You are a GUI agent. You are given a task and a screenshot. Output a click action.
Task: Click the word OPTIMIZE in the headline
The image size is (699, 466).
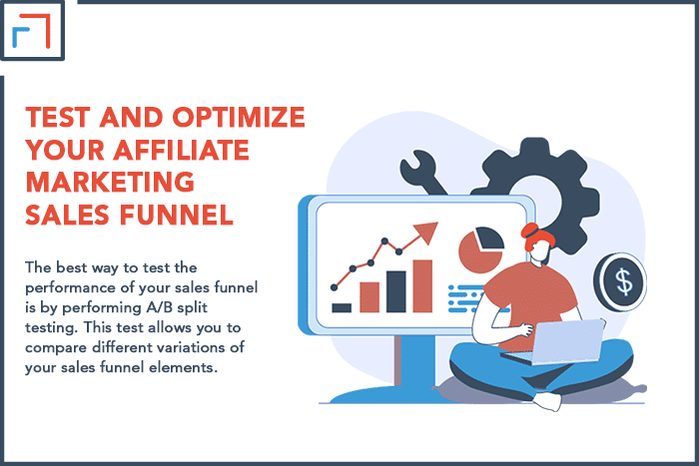point(239,117)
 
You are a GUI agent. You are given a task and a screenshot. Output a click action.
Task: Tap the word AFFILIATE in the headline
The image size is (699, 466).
point(181,150)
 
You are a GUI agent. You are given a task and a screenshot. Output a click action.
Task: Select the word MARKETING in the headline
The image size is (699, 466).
point(110,183)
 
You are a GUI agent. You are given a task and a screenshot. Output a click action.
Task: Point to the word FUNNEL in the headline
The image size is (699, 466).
point(177,216)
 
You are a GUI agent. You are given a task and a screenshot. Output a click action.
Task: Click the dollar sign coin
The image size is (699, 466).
point(620,281)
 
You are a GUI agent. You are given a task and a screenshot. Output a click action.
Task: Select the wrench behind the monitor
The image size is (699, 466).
point(421,172)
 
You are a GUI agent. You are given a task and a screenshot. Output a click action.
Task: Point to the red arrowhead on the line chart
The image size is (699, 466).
point(426,233)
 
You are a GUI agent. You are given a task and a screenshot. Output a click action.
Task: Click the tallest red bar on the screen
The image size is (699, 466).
point(422,286)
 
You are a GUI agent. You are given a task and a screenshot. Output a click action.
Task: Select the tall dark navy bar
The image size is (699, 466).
point(395,291)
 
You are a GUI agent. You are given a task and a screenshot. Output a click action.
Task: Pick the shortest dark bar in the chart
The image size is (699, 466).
point(342,307)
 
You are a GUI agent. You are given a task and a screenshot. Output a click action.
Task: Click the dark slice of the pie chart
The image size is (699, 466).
point(490,237)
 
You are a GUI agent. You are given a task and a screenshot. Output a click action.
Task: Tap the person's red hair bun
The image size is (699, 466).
point(530,231)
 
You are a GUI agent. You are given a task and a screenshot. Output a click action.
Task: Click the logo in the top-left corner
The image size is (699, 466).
point(32,30)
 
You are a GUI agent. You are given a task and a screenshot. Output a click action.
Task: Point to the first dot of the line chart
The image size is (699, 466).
point(334,287)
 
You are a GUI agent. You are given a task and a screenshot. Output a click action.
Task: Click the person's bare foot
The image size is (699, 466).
point(547,401)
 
